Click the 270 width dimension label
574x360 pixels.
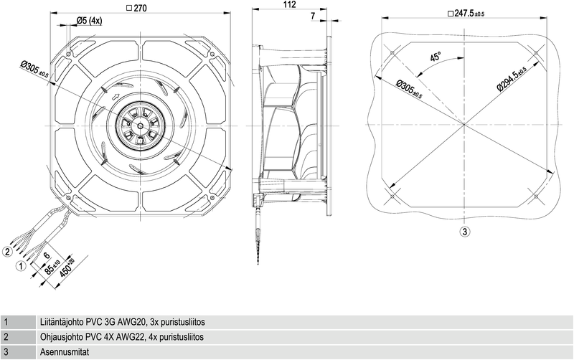coord(140,9)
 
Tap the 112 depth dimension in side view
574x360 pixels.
coord(290,5)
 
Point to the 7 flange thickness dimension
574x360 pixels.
coord(313,15)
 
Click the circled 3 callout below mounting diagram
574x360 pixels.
coord(465,231)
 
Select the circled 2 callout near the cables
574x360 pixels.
coord(7,251)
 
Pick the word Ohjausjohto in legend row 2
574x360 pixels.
coord(62,336)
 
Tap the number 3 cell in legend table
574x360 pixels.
coord(6,351)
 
